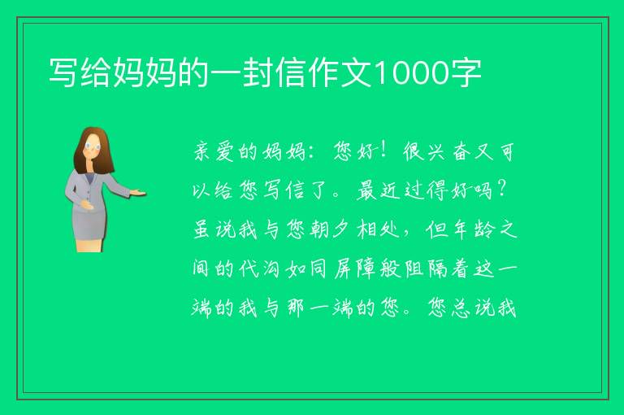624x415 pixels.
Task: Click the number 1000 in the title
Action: pyautogui.click(x=411, y=72)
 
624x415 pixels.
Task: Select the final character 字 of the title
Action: pyautogui.click(x=466, y=72)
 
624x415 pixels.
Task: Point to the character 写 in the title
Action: pyautogui.click(x=63, y=72)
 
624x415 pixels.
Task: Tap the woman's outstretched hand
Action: pyautogui.click(x=138, y=194)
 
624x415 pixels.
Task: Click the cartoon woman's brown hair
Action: pyautogui.click(x=92, y=151)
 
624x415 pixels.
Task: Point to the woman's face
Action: pyautogui.click(x=93, y=146)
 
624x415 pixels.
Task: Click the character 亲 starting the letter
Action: pyautogui.click(x=201, y=152)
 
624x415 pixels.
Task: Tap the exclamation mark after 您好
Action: pyautogui.click(x=383, y=151)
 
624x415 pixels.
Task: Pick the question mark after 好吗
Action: pyautogui.click(x=501, y=189)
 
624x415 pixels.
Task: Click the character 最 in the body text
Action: pyautogui.click(x=366, y=190)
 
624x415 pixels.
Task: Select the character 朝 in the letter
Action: pyautogui.click(x=318, y=229)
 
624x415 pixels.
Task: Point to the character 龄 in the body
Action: pyautogui.click(x=484, y=229)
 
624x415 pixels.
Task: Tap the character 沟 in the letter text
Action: pyautogui.click(x=271, y=269)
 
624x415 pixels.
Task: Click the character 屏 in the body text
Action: pyautogui.click(x=343, y=269)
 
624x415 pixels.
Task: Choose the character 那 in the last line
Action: pyautogui.click(x=295, y=308)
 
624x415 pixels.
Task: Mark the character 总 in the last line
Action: pyautogui.click(x=460, y=308)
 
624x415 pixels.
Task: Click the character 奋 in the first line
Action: pyautogui.click(x=461, y=152)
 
